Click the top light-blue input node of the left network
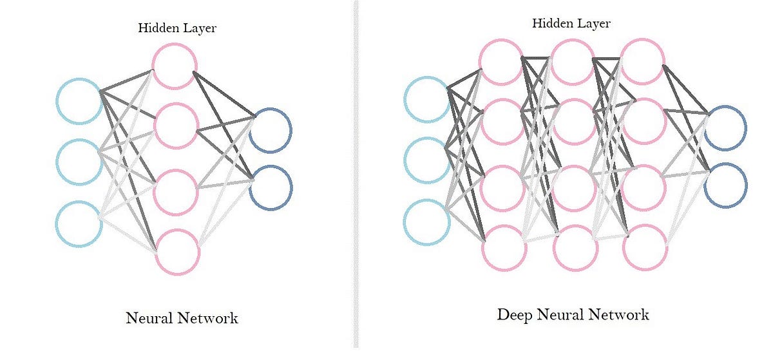pyautogui.click(x=79, y=100)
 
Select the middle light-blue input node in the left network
pyautogui.click(x=79, y=162)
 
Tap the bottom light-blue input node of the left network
pyautogui.click(x=79, y=223)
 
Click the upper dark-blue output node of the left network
pyautogui.click(x=271, y=130)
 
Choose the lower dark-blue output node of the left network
pyautogui.click(x=271, y=187)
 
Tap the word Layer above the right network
pyautogui.click(x=593, y=24)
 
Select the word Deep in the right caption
pyautogui.click(x=516, y=315)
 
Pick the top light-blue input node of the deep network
pyautogui.click(x=426, y=99)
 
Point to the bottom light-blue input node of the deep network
pyautogui.click(x=426, y=222)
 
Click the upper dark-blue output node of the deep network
pyautogui.click(x=726, y=128)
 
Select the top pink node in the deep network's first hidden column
pyautogui.click(x=501, y=62)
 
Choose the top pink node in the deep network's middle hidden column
pyautogui.click(x=573, y=62)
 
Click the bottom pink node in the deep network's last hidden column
pyautogui.click(x=645, y=247)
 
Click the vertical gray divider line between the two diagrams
pyautogui.click(x=355, y=180)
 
